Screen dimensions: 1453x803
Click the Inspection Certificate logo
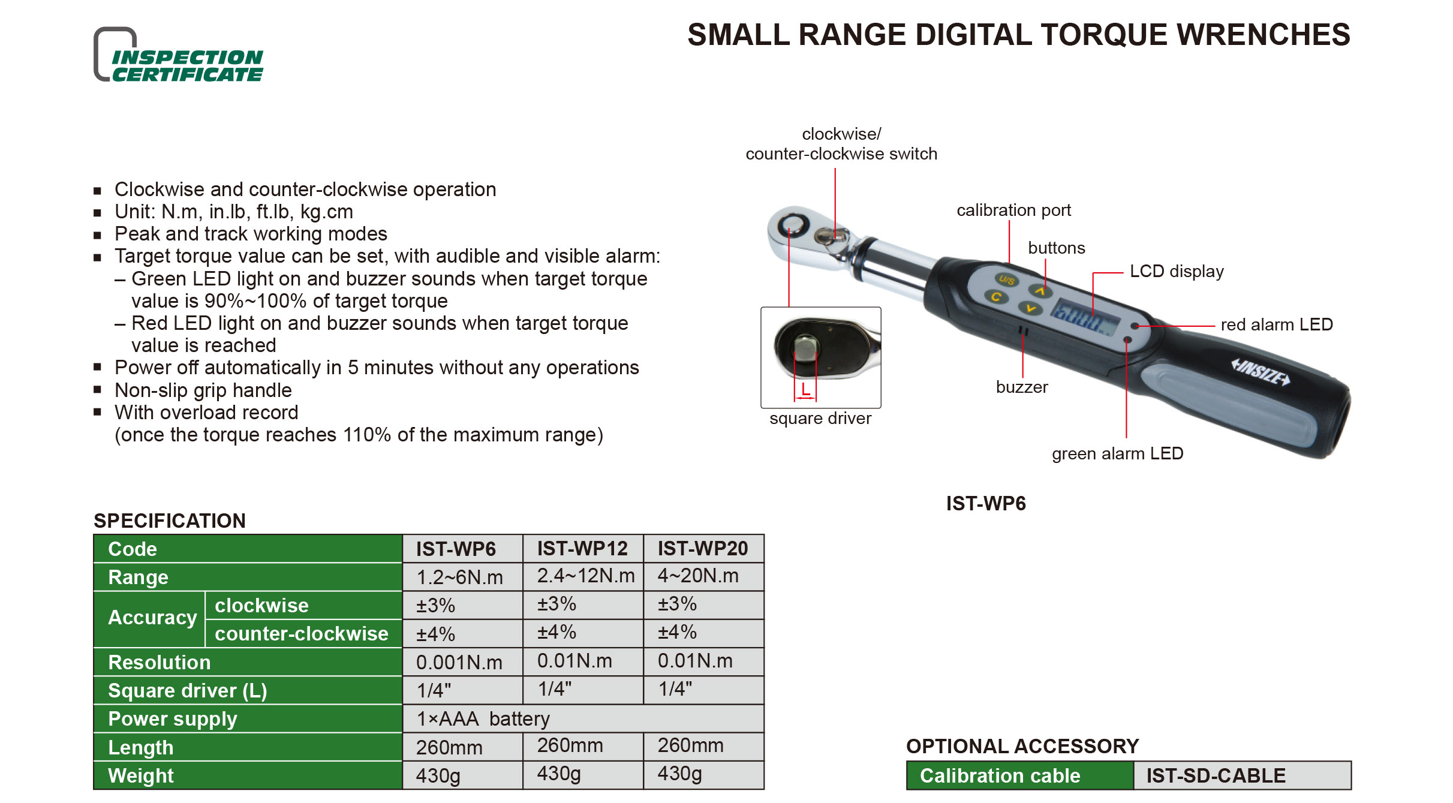[x=179, y=55]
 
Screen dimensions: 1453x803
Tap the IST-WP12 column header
[x=582, y=548]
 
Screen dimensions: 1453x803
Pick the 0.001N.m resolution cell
[x=459, y=662]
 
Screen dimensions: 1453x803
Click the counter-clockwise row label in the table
[x=302, y=633]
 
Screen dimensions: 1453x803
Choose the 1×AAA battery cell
[x=483, y=718]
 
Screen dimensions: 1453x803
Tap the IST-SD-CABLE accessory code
[x=1216, y=775]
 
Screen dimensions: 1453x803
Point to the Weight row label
[x=141, y=775]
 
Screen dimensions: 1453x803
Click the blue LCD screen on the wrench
[x=1085, y=316]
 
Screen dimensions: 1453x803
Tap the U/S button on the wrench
[x=1007, y=280]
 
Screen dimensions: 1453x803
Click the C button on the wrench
[x=996, y=296]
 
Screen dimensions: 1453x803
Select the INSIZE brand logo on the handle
[x=1260, y=372]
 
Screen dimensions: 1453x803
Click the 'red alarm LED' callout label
[x=1277, y=324]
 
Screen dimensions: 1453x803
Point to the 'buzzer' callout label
[x=1022, y=387]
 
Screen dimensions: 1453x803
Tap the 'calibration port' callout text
[x=1013, y=210]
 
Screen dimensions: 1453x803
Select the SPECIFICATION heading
[x=170, y=521]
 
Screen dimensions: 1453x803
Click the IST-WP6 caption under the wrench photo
[x=986, y=503]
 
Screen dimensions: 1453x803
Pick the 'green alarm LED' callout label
[x=1117, y=453]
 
